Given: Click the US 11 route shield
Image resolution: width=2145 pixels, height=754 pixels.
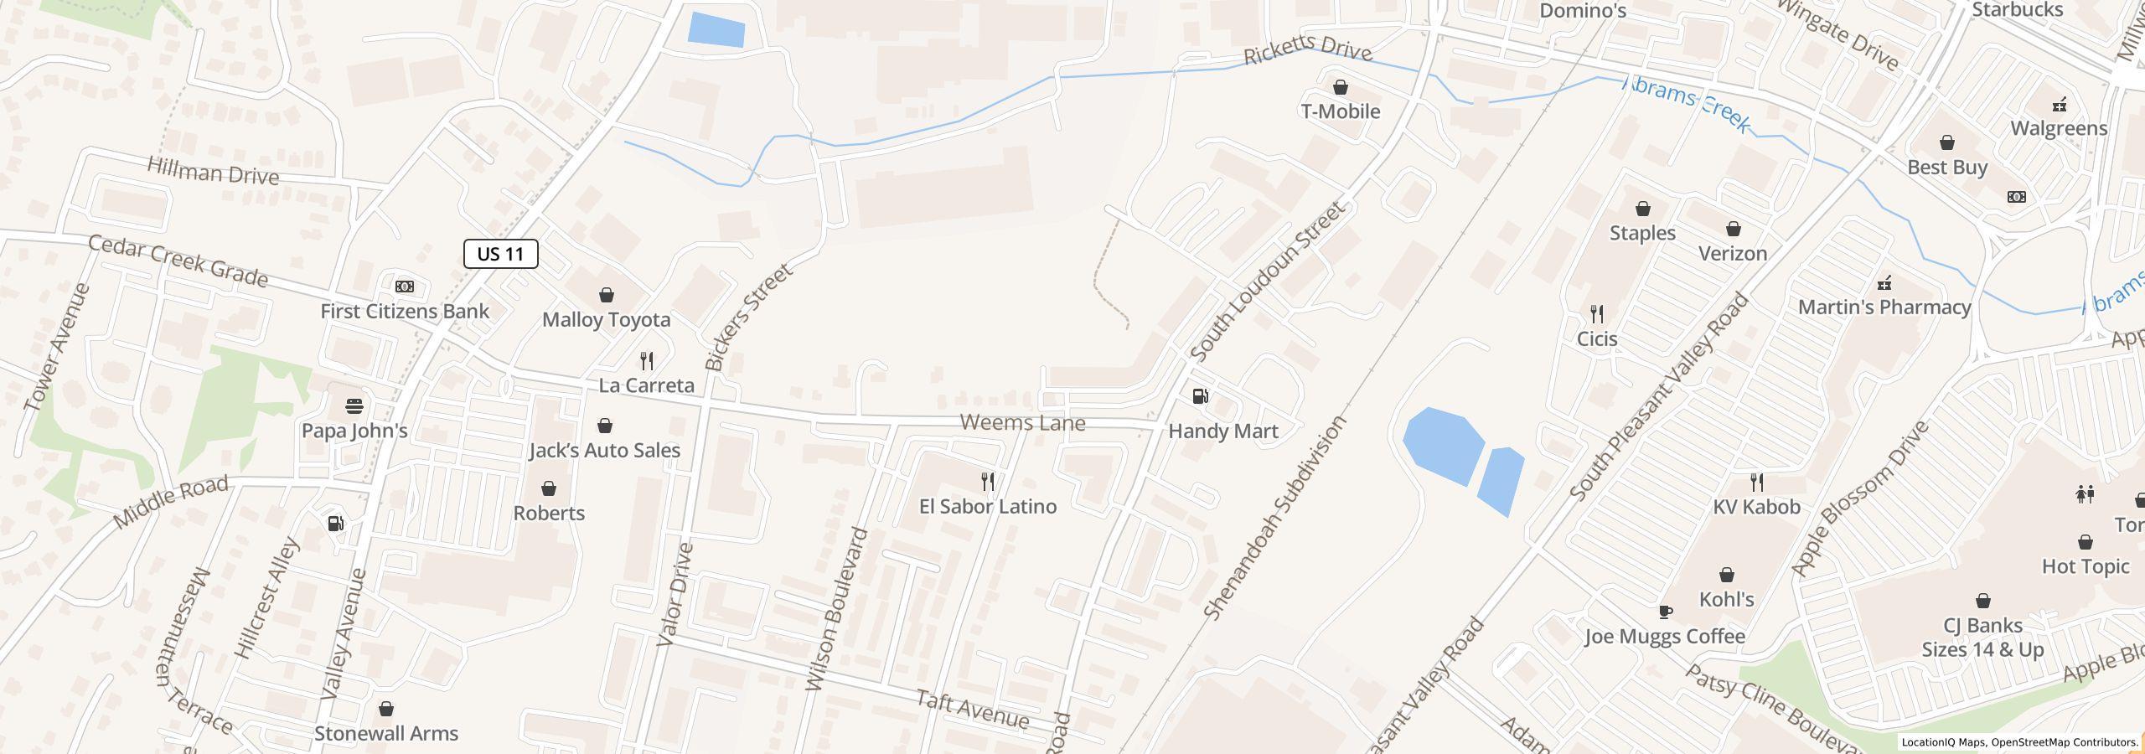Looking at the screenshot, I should click(500, 254).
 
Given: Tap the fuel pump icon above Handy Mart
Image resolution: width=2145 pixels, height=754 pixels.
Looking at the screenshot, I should click(1200, 395).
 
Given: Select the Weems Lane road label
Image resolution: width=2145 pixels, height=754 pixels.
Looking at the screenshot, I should click(1022, 422).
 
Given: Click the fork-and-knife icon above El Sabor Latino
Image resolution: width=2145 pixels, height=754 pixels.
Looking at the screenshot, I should click(988, 481).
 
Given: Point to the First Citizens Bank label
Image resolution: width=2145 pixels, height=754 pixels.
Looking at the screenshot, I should click(405, 311).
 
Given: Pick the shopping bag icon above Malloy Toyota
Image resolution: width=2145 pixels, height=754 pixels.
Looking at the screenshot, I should click(606, 295).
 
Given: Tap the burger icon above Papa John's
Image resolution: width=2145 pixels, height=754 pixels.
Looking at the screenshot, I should click(354, 406).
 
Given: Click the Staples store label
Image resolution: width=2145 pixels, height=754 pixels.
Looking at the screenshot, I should click(1642, 233).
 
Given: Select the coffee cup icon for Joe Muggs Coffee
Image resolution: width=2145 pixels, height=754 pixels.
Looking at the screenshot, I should click(1665, 612).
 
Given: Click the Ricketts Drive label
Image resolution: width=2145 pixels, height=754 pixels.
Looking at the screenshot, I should click(1307, 49).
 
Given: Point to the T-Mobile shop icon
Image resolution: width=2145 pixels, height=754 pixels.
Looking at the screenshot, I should click(1340, 87).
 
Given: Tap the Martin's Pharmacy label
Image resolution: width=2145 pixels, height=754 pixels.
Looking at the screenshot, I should click(1884, 307).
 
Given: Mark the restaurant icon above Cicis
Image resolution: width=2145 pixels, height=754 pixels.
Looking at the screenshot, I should click(1597, 314).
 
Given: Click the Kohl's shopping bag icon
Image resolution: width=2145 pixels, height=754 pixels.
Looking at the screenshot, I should click(1726, 575).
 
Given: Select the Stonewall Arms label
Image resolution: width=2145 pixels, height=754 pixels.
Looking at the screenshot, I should click(386, 733).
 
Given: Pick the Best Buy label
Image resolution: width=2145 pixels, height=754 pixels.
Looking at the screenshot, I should click(1947, 168).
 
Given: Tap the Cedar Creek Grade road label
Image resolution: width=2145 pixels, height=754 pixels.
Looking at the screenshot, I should click(178, 260).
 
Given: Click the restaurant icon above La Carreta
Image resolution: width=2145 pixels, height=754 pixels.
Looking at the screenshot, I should click(646, 361).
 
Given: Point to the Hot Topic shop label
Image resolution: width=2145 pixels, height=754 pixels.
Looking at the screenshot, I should click(2085, 567).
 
